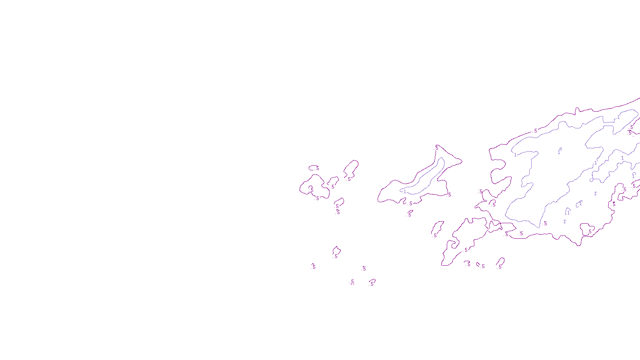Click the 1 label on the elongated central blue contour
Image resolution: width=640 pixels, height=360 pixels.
click(405, 192)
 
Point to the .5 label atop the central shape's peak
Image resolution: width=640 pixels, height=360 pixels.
click(436, 148)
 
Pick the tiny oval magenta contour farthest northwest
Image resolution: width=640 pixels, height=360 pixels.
click(314, 168)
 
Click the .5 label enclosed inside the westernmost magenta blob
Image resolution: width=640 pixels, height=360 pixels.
click(312, 190)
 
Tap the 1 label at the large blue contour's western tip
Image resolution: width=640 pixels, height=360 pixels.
click(515, 155)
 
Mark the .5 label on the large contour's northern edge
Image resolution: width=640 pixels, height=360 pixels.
click(535, 131)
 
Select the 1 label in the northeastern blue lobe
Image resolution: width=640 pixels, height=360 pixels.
click(618, 117)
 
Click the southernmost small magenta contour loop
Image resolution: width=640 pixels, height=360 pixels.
click(372, 282)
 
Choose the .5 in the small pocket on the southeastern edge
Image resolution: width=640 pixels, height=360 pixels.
click(590, 232)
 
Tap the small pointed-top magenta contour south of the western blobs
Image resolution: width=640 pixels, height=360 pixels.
click(336, 252)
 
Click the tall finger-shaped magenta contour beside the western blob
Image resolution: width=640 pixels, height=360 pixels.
click(351, 170)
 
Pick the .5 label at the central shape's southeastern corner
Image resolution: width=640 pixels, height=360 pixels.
click(449, 195)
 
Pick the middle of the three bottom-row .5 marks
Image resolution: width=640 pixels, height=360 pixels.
click(483, 266)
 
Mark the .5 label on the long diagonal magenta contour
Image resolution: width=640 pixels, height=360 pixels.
click(466, 250)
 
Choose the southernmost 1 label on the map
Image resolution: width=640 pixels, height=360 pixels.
click(564, 222)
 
